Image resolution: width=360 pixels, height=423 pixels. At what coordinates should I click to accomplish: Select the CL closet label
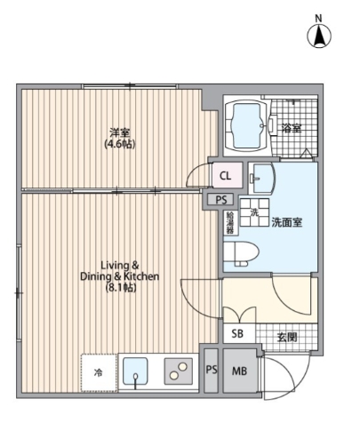pyautogui.click(x=225, y=174)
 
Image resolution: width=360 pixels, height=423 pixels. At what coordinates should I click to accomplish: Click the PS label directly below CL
pyautogui.click(x=221, y=200)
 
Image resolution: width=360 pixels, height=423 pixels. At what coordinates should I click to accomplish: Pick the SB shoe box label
pyautogui.click(x=237, y=334)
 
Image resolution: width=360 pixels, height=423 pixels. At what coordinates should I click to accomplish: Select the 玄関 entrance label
pyautogui.click(x=285, y=336)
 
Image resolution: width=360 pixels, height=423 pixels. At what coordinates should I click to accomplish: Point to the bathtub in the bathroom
pyautogui.click(x=248, y=126)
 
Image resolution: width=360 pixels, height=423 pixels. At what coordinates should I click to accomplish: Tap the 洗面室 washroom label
pyautogui.click(x=287, y=222)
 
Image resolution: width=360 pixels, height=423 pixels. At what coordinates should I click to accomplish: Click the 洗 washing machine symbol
pyautogui.click(x=252, y=214)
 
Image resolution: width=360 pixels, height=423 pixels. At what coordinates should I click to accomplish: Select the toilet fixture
pyautogui.click(x=239, y=252)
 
